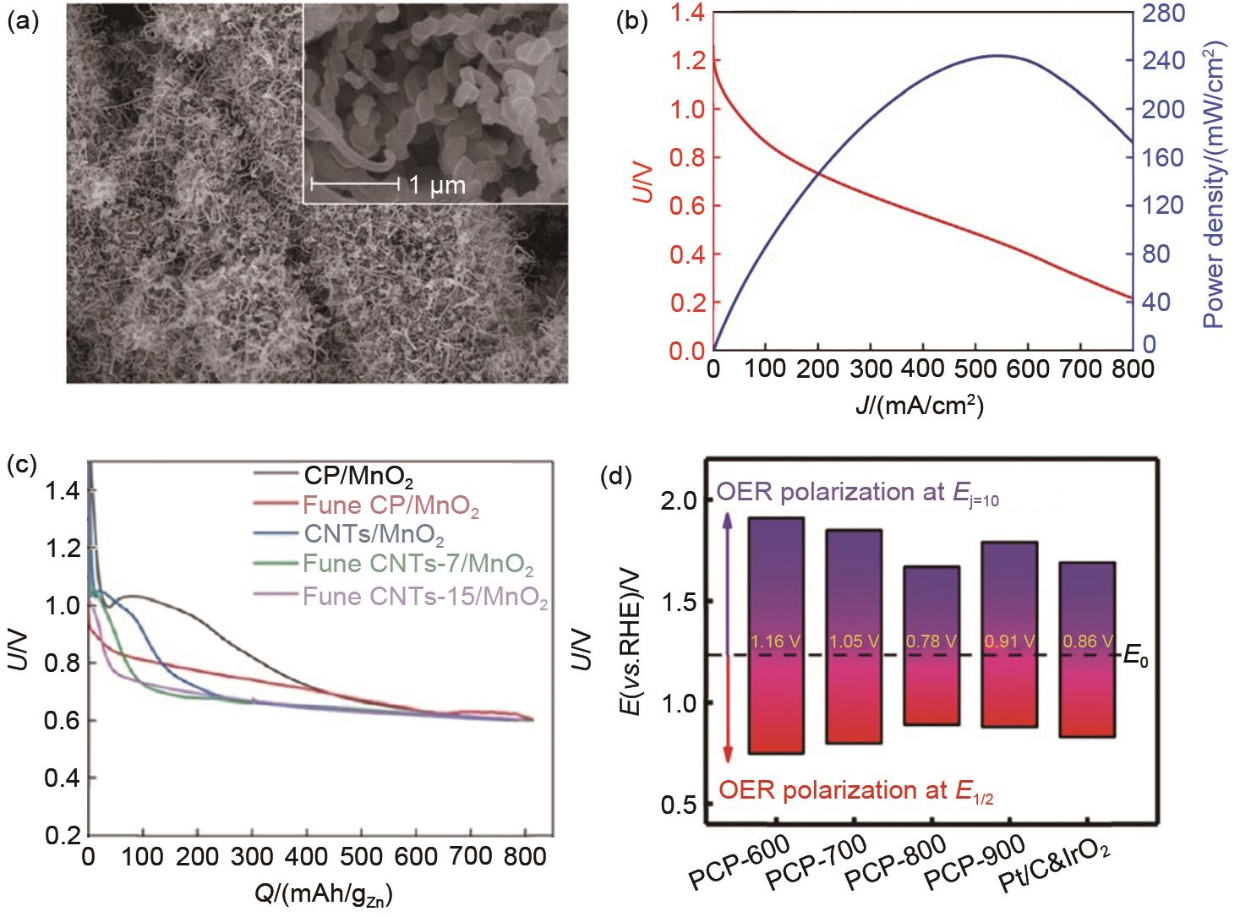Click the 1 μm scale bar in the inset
pyautogui.click(x=355, y=182)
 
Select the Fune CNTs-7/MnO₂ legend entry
pyautogui.click(x=417, y=563)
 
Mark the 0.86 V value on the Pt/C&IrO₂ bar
pyautogui.click(x=1085, y=641)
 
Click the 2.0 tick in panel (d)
pyautogui.click(x=680, y=501)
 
